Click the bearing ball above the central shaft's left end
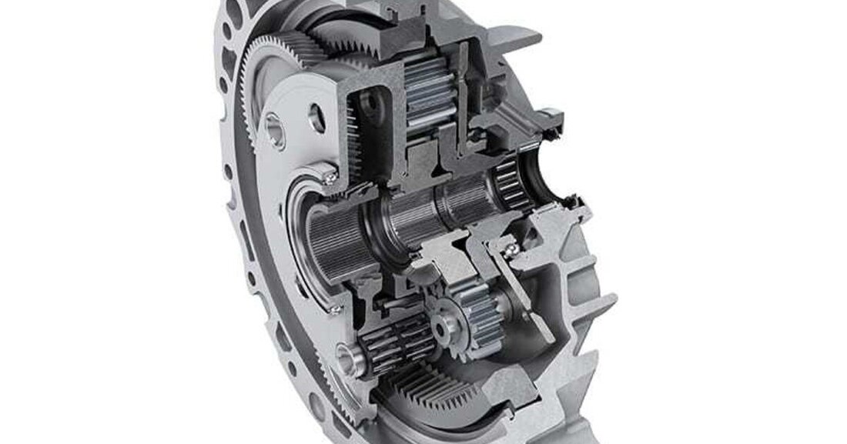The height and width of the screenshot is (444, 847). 330,178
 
